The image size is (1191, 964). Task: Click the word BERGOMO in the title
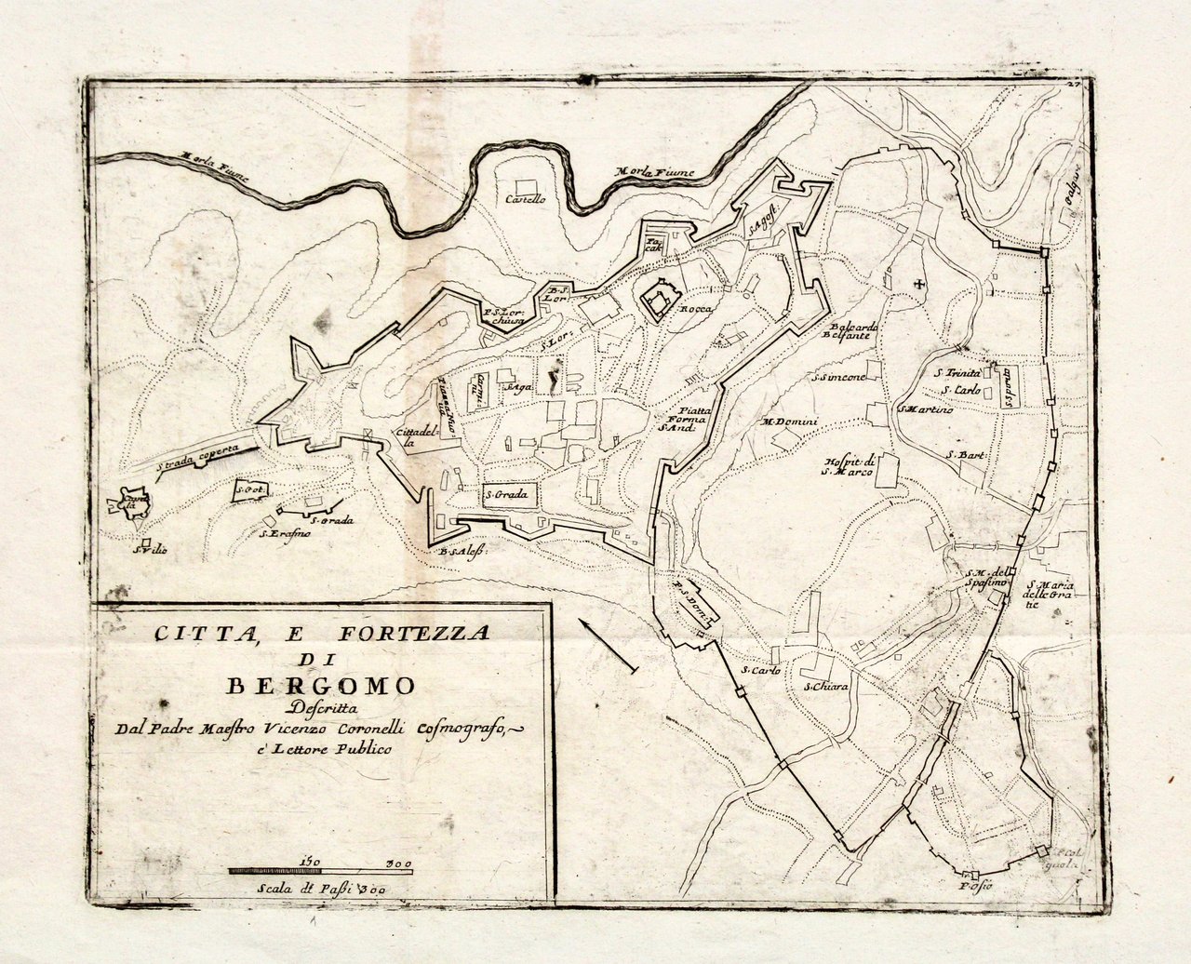pyautogui.click(x=322, y=686)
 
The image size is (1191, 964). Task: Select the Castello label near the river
pyautogui.click(x=526, y=199)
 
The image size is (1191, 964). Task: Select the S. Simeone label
pyautogui.click(x=840, y=378)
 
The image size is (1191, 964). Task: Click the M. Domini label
pyautogui.click(x=790, y=423)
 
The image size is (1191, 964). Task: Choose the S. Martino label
pyautogui.click(x=926, y=409)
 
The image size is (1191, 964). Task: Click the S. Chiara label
pyautogui.click(x=827, y=687)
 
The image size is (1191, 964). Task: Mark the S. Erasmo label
pyautogui.click(x=285, y=533)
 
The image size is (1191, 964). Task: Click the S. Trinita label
pyautogui.click(x=957, y=372)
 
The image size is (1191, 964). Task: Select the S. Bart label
pyautogui.click(x=965, y=455)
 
